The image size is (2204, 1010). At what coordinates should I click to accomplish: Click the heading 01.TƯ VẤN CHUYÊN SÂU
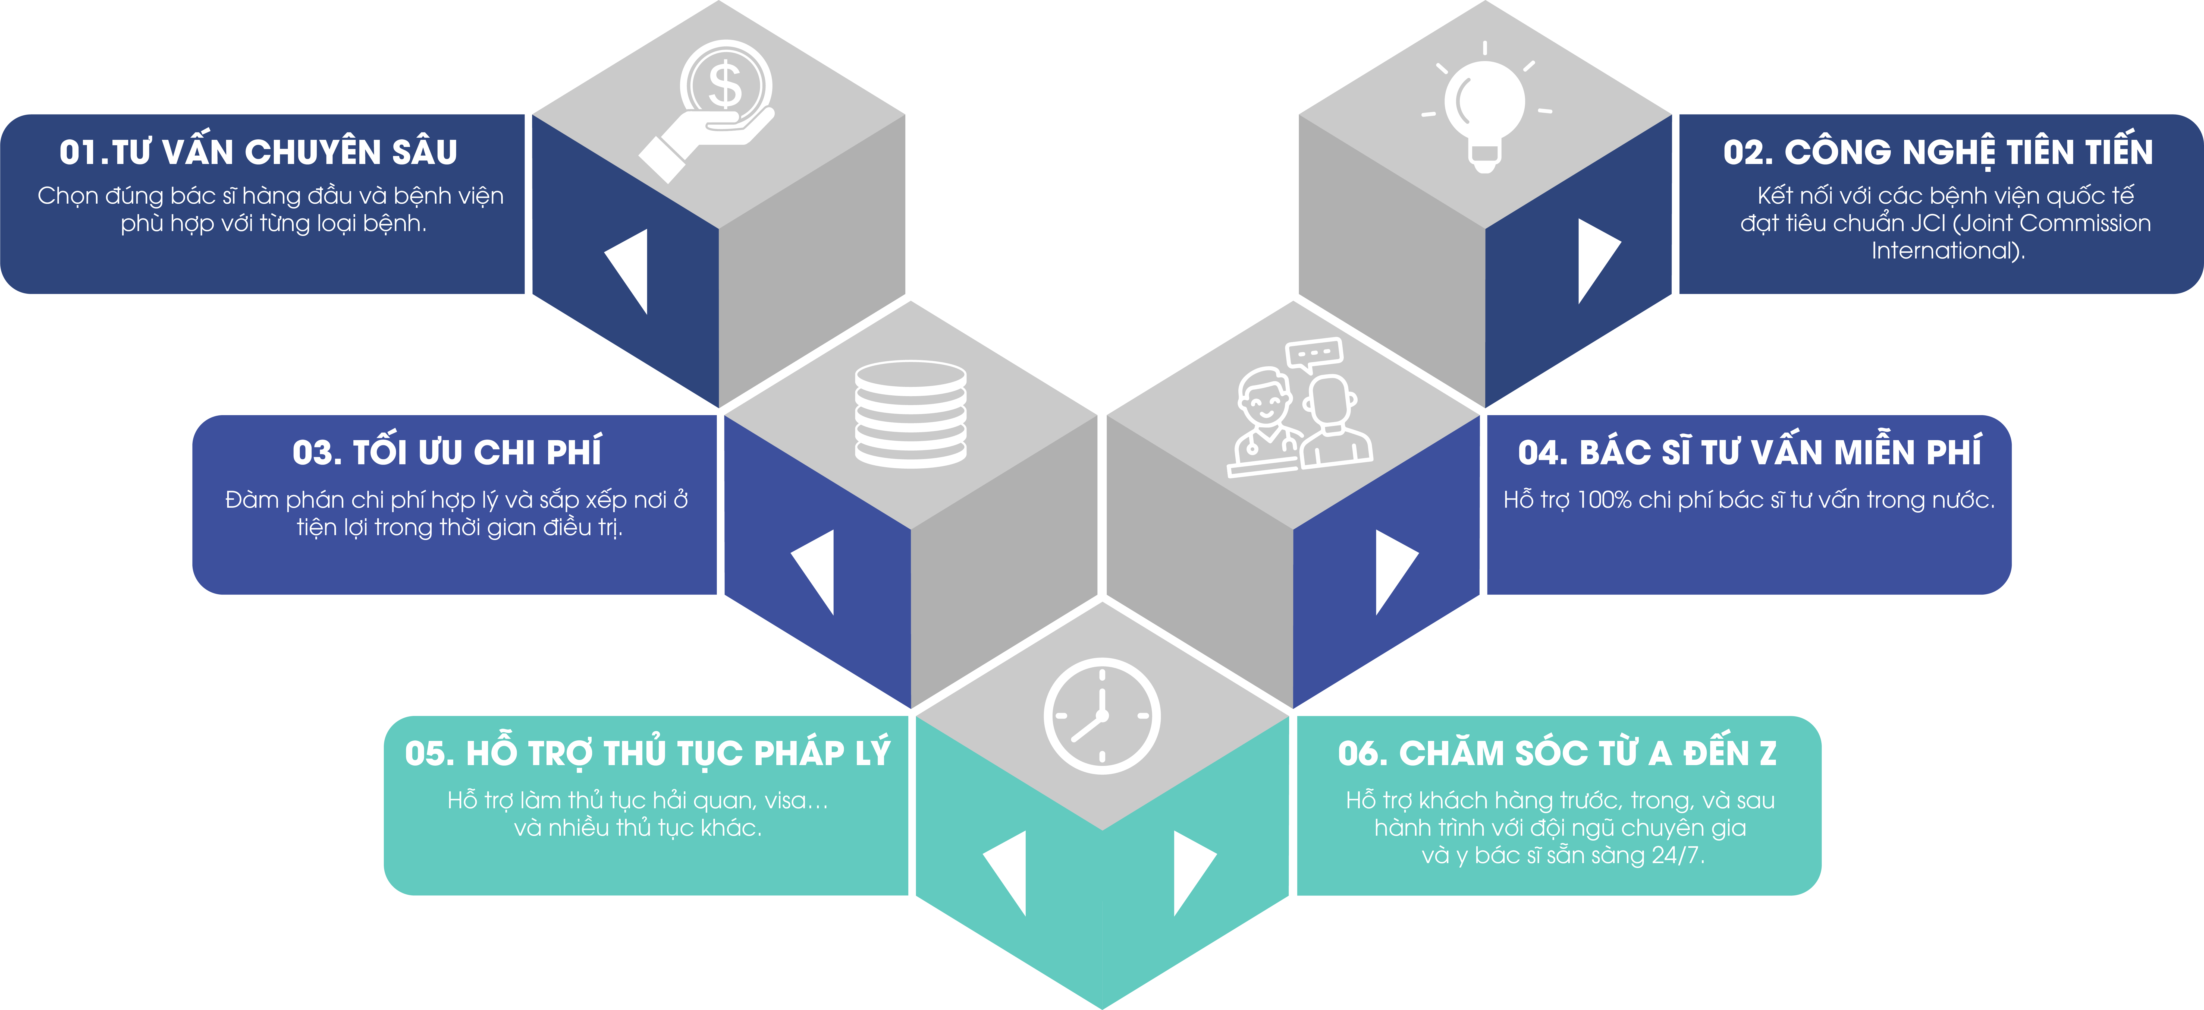click(x=258, y=152)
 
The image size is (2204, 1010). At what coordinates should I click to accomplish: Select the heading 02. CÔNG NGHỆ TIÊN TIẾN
click(x=1938, y=152)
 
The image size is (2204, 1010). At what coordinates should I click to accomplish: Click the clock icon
click(x=1102, y=716)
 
